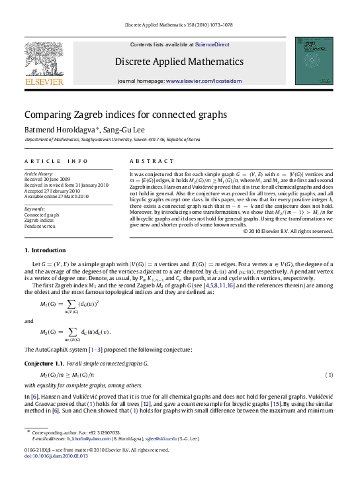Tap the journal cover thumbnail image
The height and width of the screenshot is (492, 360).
coord(314,60)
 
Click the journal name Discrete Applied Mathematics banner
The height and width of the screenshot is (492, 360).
coord(179,62)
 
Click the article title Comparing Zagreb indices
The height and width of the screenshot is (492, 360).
coord(126,115)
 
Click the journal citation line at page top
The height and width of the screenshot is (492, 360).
coord(179,26)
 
